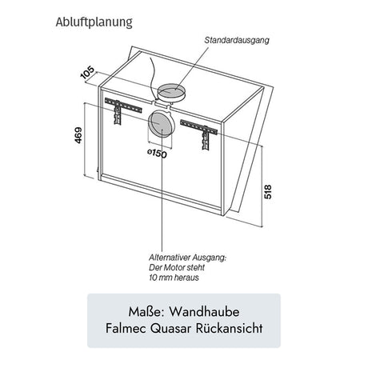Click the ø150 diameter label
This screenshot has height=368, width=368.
[x=157, y=154]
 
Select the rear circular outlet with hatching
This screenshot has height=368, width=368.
[x=162, y=124]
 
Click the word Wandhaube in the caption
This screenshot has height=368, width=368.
[x=210, y=310]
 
